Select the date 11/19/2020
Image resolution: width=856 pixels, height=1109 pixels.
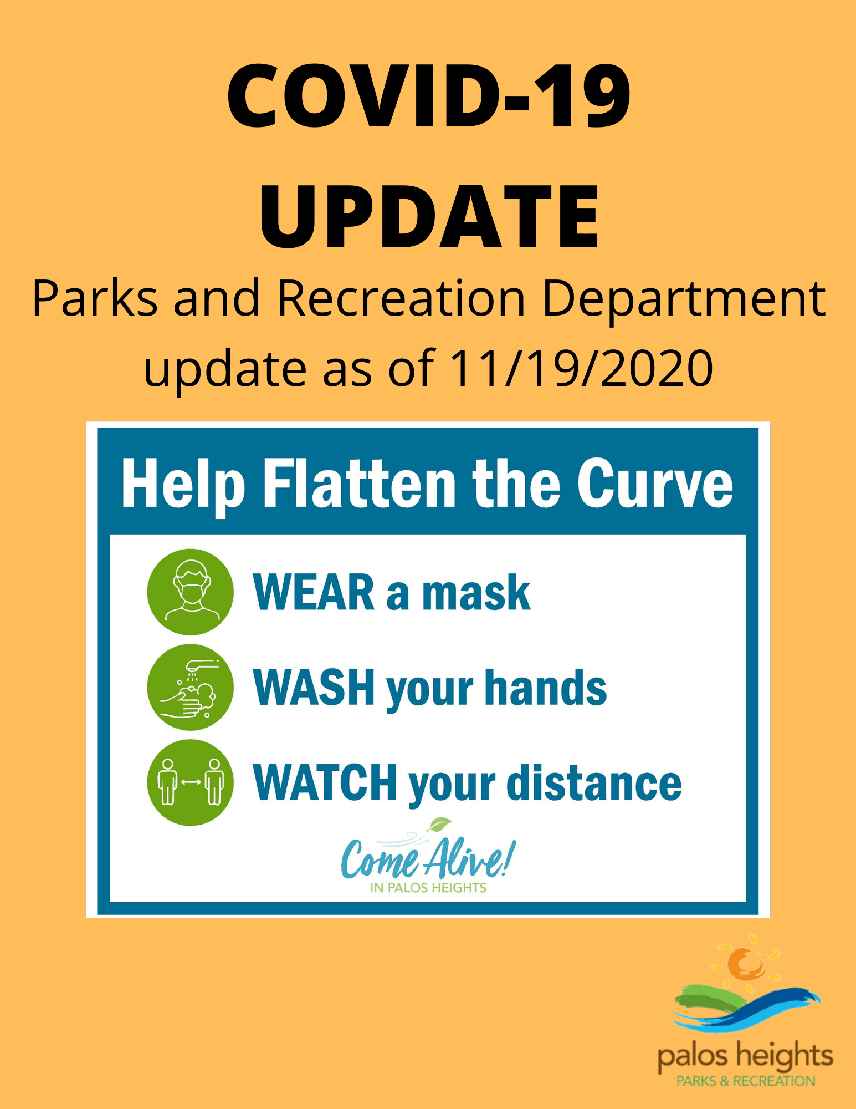pos(581,368)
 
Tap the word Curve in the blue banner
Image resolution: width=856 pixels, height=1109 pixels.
pos(655,484)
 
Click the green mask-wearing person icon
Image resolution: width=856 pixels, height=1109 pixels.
pos(191,592)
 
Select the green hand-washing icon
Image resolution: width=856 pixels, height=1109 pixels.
pos(191,687)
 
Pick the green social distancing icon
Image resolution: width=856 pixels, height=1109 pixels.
pos(191,782)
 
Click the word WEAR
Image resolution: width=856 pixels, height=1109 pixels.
pos(314,593)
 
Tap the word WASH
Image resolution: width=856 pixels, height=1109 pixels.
pos(314,688)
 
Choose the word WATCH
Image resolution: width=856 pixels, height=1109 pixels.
pos(325,782)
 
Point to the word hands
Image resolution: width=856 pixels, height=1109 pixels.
pos(546,688)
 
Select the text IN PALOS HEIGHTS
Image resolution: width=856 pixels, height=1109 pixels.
pos(428,888)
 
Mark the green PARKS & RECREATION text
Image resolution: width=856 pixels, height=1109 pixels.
pos(746,1081)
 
